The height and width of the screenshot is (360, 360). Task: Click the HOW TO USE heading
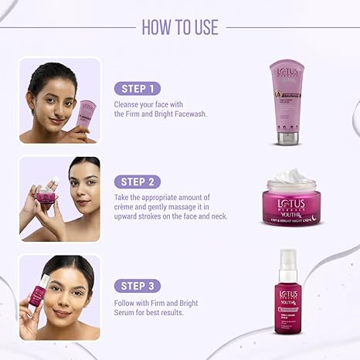(179, 27)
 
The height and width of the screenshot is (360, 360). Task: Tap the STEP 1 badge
(138, 88)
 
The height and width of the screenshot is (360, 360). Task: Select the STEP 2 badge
(138, 182)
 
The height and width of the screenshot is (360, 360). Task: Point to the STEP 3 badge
(138, 285)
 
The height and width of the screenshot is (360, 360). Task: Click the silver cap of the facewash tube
(287, 138)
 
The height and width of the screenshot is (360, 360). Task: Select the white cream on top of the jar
(291, 177)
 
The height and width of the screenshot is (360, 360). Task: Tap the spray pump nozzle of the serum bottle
(287, 256)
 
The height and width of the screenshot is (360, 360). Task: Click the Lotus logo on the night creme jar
(291, 205)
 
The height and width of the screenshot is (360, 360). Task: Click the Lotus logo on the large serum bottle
(288, 295)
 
